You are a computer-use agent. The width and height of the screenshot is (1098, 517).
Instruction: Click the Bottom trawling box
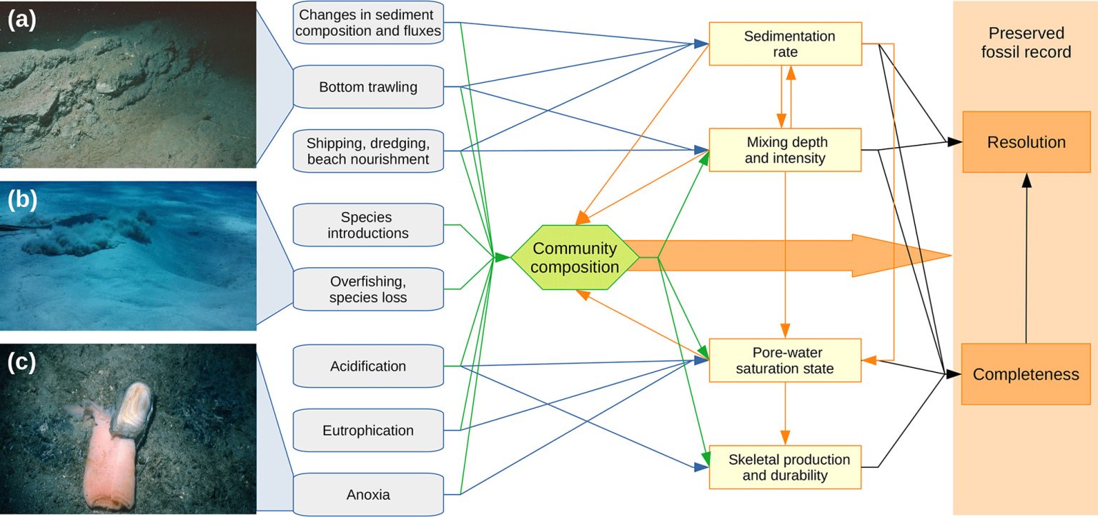(x=368, y=87)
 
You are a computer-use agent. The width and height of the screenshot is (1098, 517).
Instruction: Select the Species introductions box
(x=368, y=225)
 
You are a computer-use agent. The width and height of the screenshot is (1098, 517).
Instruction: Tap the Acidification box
(x=368, y=366)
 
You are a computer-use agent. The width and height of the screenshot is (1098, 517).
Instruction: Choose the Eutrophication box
(x=368, y=431)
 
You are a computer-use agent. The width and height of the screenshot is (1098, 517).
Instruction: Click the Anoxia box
(x=368, y=494)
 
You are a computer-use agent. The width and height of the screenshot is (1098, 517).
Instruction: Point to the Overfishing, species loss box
(x=368, y=288)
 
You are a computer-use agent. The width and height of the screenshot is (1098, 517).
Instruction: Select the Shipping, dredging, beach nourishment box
(x=368, y=151)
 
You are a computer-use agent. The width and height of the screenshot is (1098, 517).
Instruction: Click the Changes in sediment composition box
(x=368, y=22)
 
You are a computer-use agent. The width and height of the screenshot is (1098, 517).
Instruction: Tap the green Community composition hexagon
(x=575, y=258)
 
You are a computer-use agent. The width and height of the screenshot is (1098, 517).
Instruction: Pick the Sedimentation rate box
(x=785, y=44)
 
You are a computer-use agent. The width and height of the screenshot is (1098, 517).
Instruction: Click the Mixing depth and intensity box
(x=785, y=149)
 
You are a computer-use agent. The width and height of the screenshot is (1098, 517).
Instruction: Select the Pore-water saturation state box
(x=785, y=360)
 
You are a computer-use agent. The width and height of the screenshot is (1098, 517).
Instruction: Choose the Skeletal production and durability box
(x=785, y=467)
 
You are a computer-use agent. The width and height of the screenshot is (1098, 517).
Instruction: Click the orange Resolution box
(x=1026, y=142)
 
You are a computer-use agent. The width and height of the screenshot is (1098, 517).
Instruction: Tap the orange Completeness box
(x=1026, y=374)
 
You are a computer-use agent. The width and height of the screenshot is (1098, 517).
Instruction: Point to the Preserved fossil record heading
(x=1026, y=43)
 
